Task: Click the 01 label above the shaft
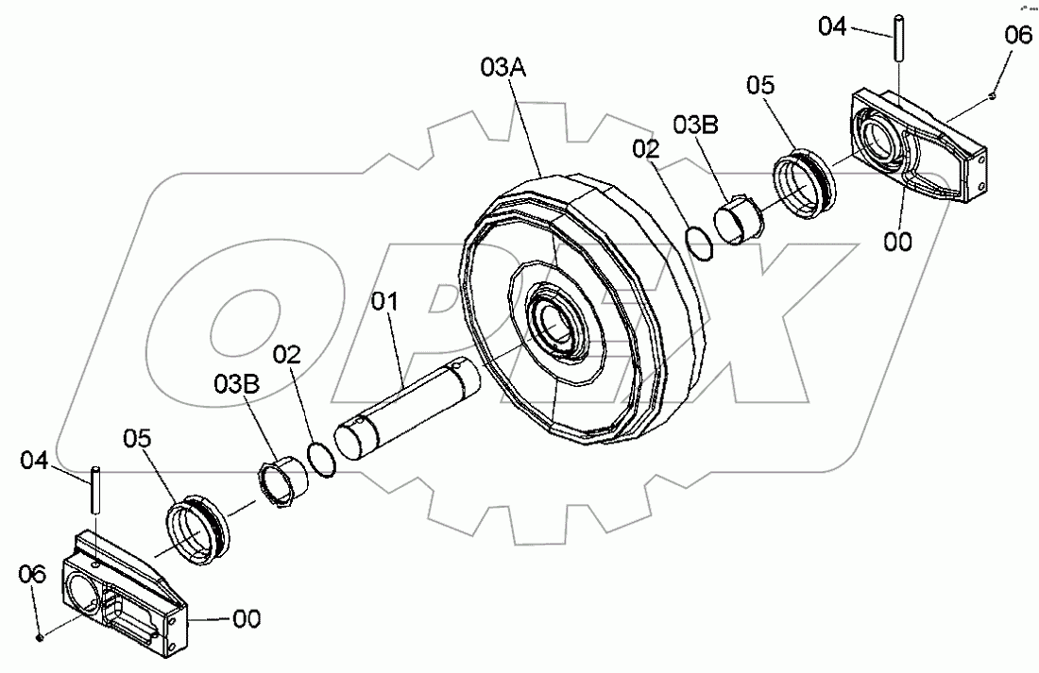coord(385,304)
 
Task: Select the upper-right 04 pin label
coord(832,26)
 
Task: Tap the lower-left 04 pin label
coord(35,461)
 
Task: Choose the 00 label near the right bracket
coord(898,242)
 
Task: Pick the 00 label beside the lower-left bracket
coord(247,619)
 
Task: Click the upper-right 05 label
coord(760,86)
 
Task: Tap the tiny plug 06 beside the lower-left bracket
coord(40,637)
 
